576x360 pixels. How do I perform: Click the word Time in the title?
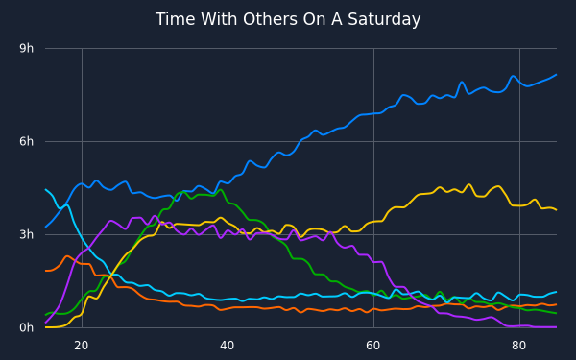[x=171, y=19]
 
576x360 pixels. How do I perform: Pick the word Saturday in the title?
[x=384, y=20]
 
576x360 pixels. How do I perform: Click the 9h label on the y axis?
[x=27, y=48]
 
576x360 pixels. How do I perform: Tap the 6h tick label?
[x=27, y=141]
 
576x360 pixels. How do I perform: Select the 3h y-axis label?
[x=27, y=234]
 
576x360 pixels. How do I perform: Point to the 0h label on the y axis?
[x=27, y=327]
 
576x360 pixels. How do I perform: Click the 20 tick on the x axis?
[x=82, y=346]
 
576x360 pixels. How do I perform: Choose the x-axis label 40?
[x=227, y=346]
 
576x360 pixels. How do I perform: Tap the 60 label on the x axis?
[x=372, y=346]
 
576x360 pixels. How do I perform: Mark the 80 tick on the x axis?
[x=518, y=346]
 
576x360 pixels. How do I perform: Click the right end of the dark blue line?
[x=557, y=75]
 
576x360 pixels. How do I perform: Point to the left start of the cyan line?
[x=45, y=189]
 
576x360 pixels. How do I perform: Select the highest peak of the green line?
[x=220, y=190]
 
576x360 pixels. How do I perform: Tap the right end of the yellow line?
[x=557, y=210]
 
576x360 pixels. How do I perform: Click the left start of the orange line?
[x=45, y=271]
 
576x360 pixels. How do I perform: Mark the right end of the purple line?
[x=557, y=327]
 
